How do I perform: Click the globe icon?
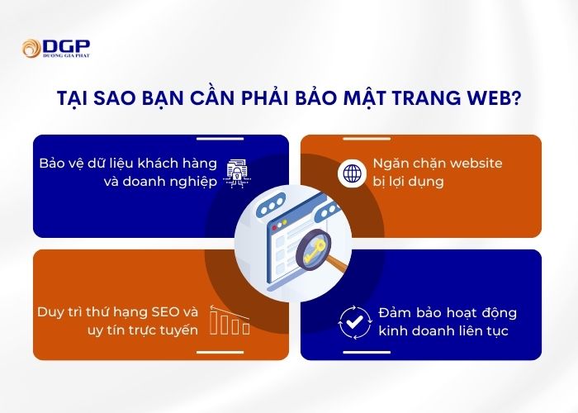(351, 173)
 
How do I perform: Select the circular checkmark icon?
(351, 323)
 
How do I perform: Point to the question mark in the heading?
(516, 97)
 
